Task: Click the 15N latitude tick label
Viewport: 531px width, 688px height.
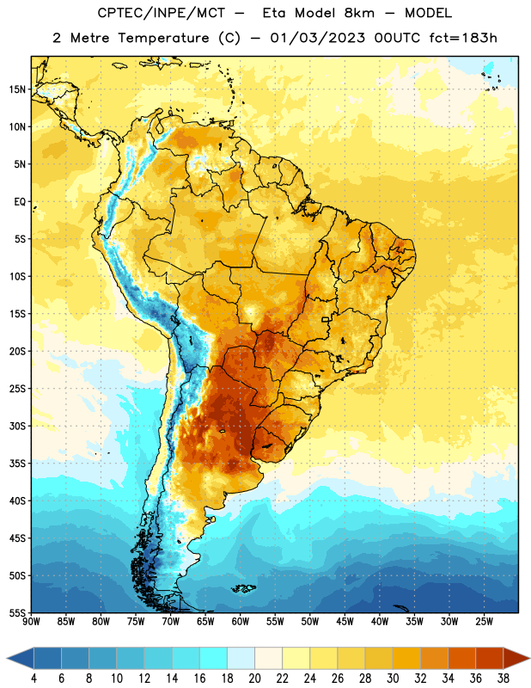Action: (x=17, y=89)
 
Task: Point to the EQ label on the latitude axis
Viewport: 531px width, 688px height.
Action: (x=20, y=202)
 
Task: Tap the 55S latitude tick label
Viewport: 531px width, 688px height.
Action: (x=17, y=613)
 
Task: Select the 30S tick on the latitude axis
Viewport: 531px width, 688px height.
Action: (x=17, y=426)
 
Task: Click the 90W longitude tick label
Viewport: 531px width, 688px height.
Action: (x=31, y=622)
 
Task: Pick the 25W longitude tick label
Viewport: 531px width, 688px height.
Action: (x=484, y=622)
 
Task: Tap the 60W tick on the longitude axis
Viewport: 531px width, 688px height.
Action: (x=241, y=622)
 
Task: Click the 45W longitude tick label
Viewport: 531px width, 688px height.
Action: (x=345, y=622)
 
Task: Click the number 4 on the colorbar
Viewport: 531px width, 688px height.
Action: (x=34, y=679)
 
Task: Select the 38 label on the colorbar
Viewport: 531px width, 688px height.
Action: (x=503, y=679)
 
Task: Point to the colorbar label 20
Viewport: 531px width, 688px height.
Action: (x=254, y=679)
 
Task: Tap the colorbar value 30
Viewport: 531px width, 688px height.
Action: (x=393, y=679)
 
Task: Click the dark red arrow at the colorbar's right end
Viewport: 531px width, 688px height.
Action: (x=516, y=658)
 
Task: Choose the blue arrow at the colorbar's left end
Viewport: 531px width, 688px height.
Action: (x=21, y=658)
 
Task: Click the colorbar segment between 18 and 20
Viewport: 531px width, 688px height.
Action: (x=241, y=658)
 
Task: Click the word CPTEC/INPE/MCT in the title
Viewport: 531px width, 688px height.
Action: (x=162, y=13)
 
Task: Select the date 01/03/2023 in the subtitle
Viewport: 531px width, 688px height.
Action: (x=317, y=38)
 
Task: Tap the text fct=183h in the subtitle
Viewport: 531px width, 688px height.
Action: (x=463, y=38)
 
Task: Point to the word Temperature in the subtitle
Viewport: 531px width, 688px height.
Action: (x=163, y=38)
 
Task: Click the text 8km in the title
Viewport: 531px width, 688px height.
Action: (x=359, y=13)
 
